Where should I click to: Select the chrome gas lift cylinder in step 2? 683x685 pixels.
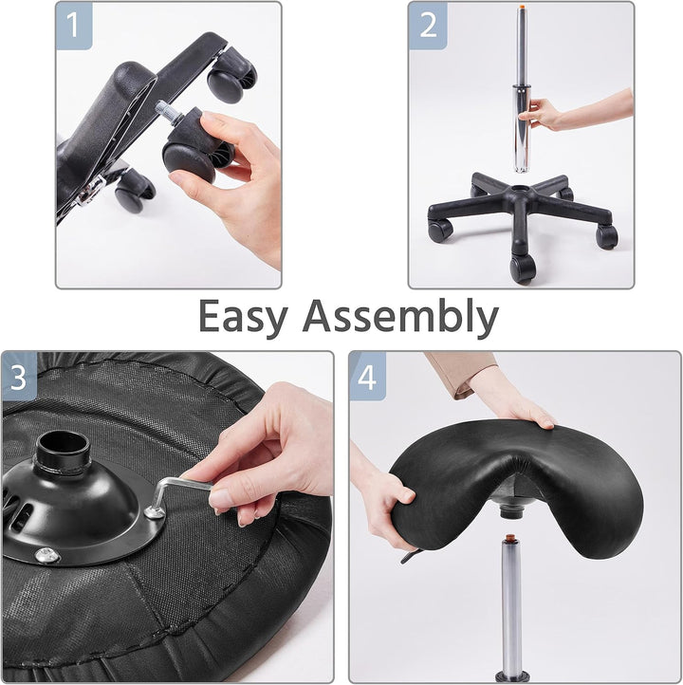522,104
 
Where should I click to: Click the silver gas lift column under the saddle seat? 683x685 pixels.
511,607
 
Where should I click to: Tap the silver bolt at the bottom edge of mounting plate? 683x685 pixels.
43,555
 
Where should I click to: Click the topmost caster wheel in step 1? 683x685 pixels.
231,81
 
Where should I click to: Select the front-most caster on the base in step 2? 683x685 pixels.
522,268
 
